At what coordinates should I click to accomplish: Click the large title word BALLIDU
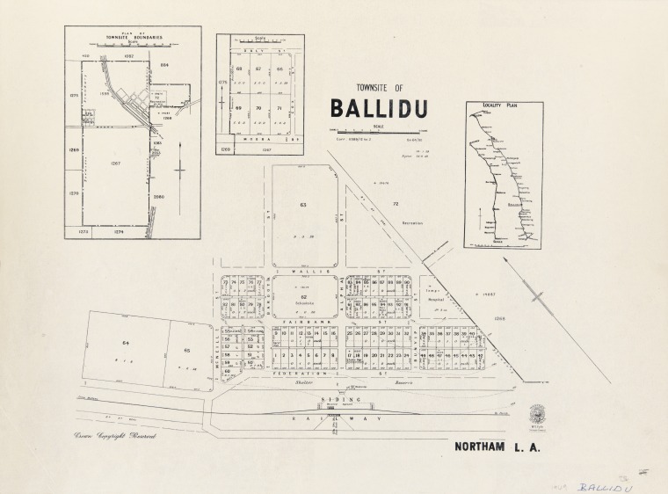coord(379,107)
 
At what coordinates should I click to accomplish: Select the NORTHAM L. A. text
coord(497,447)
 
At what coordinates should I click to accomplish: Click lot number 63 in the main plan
coord(303,204)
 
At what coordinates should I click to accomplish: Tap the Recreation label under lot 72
coord(411,223)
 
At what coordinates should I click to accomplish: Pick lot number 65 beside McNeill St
coord(186,351)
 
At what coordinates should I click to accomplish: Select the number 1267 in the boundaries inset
coord(114,163)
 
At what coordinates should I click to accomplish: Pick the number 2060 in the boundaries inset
coord(158,196)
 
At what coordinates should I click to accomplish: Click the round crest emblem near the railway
coord(536,414)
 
